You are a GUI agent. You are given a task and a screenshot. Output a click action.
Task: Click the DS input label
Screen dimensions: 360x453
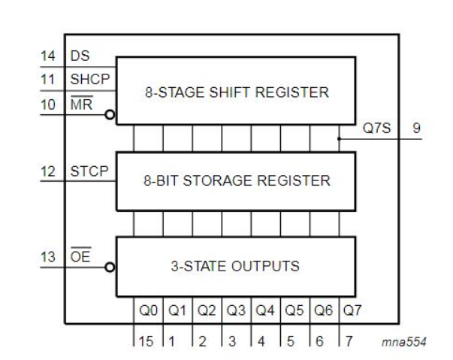pos(80,56)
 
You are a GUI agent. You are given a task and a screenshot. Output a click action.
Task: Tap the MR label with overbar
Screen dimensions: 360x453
pos(80,105)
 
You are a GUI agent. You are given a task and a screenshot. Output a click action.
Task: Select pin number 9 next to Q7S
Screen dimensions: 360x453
pos(416,128)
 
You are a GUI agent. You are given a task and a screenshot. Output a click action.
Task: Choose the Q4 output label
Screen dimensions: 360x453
pos(265,310)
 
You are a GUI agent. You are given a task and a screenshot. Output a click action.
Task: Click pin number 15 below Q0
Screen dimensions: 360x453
pos(146,341)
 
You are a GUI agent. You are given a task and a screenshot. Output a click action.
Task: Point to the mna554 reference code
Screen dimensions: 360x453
pos(405,343)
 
